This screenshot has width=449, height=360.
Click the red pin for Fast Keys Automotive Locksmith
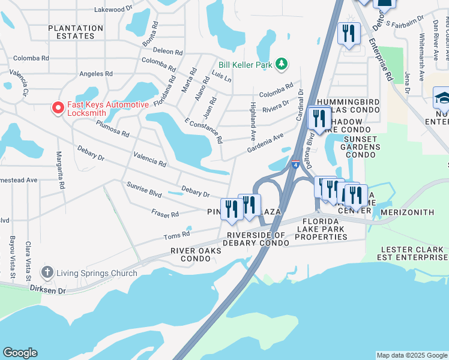(58, 107)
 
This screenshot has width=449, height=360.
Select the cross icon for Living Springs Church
(47, 273)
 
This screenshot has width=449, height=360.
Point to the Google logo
(20, 353)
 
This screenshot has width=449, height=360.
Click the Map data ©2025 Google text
(411, 355)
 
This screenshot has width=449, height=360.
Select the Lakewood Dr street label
(113, 10)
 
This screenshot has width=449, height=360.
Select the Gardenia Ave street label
(265, 143)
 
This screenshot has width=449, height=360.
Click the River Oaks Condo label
(190, 254)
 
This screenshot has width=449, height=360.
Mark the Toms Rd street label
(176, 233)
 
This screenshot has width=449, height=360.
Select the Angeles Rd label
(96, 73)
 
